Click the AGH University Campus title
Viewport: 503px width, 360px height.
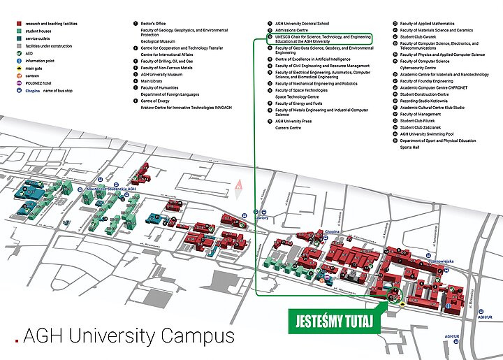tap(129, 336)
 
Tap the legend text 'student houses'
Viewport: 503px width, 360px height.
tap(41, 31)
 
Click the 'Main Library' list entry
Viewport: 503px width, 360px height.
tap(152, 81)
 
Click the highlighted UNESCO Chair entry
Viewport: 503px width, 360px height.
tap(321, 39)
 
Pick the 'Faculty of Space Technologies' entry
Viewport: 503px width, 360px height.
tap(301, 90)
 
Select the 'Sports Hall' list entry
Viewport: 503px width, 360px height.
tap(410, 147)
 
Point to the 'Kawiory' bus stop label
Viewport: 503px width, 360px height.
tap(261, 217)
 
